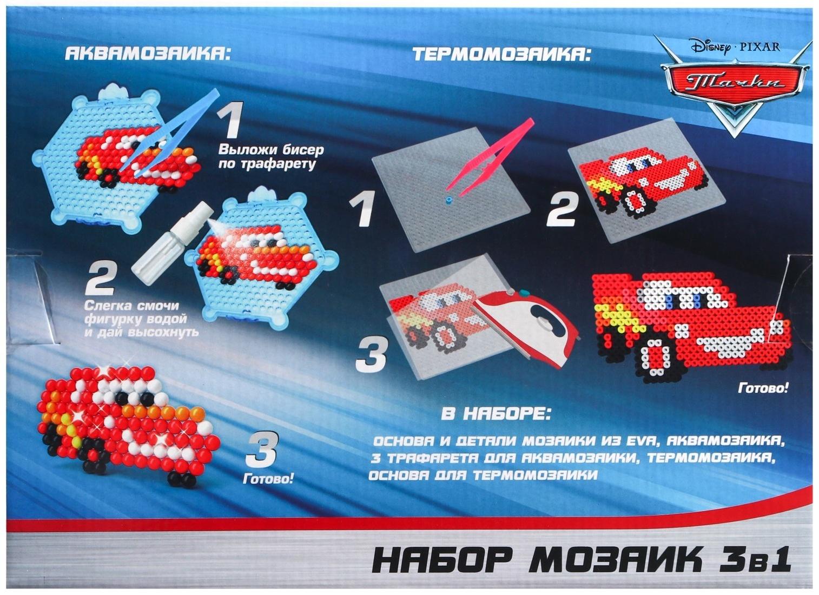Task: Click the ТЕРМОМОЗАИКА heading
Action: [501, 55]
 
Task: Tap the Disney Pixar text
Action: [735, 47]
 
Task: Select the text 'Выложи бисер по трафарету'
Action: [267, 157]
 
